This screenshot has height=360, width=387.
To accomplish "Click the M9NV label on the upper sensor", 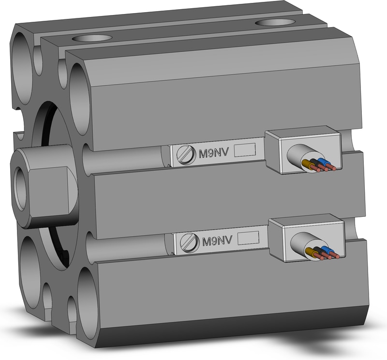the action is tap(215, 153).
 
